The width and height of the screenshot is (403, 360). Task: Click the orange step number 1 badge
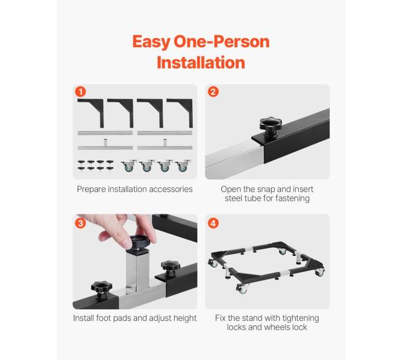[81, 92]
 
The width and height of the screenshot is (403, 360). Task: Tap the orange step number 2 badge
[213, 92]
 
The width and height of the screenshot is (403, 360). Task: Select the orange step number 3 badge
[81, 223]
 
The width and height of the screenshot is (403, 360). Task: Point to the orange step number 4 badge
[213, 223]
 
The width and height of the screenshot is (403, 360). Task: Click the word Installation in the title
[201, 63]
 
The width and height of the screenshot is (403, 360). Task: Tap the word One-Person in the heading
[221, 42]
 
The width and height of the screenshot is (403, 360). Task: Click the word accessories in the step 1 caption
[170, 189]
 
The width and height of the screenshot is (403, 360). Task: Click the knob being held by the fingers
[139, 243]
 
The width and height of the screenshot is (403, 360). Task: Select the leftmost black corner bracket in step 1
[91, 113]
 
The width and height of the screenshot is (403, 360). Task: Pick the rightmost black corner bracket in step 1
[180, 113]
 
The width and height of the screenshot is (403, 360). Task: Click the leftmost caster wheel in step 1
[128, 166]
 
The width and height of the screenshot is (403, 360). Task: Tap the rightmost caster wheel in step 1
[183, 166]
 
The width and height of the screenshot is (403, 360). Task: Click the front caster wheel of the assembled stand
[242, 288]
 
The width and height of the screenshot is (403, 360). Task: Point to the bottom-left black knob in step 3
[102, 290]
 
